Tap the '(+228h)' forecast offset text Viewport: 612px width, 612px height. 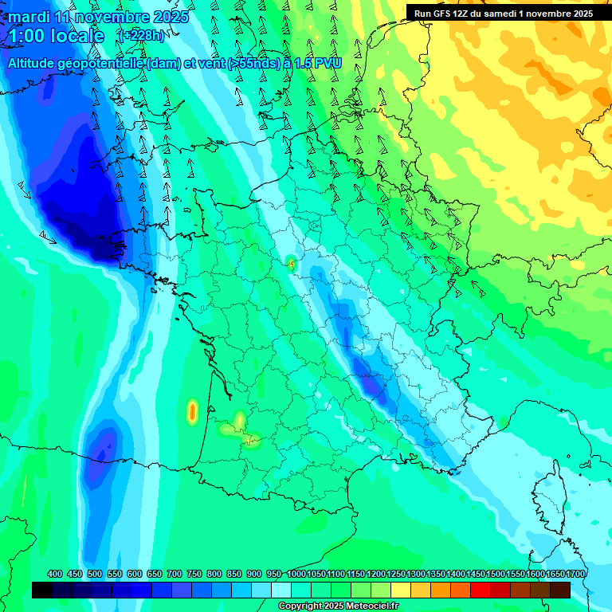pyautogui.click(x=141, y=35)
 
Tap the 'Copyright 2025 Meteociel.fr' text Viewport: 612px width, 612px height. pyautogui.click(x=338, y=606)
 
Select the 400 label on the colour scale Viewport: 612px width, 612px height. pyautogui.click(x=55, y=575)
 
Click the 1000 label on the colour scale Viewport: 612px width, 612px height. pyautogui.click(x=296, y=575)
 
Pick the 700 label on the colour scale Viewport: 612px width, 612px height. pyautogui.click(x=175, y=575)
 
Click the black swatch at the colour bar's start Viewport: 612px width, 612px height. pyautogui.click(x=42, y=590)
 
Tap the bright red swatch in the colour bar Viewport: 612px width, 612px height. pyautogui.click(x=481, y=590)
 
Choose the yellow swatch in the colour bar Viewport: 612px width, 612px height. pyautogui.click(x=401, y=590)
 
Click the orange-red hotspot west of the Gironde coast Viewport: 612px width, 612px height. pyautogui.click(x=192, y=412)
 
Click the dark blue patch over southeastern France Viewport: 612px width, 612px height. pyautogui.click(x=371, y=380)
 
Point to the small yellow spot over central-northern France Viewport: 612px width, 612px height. pyautogui.click(x=291, y=263)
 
